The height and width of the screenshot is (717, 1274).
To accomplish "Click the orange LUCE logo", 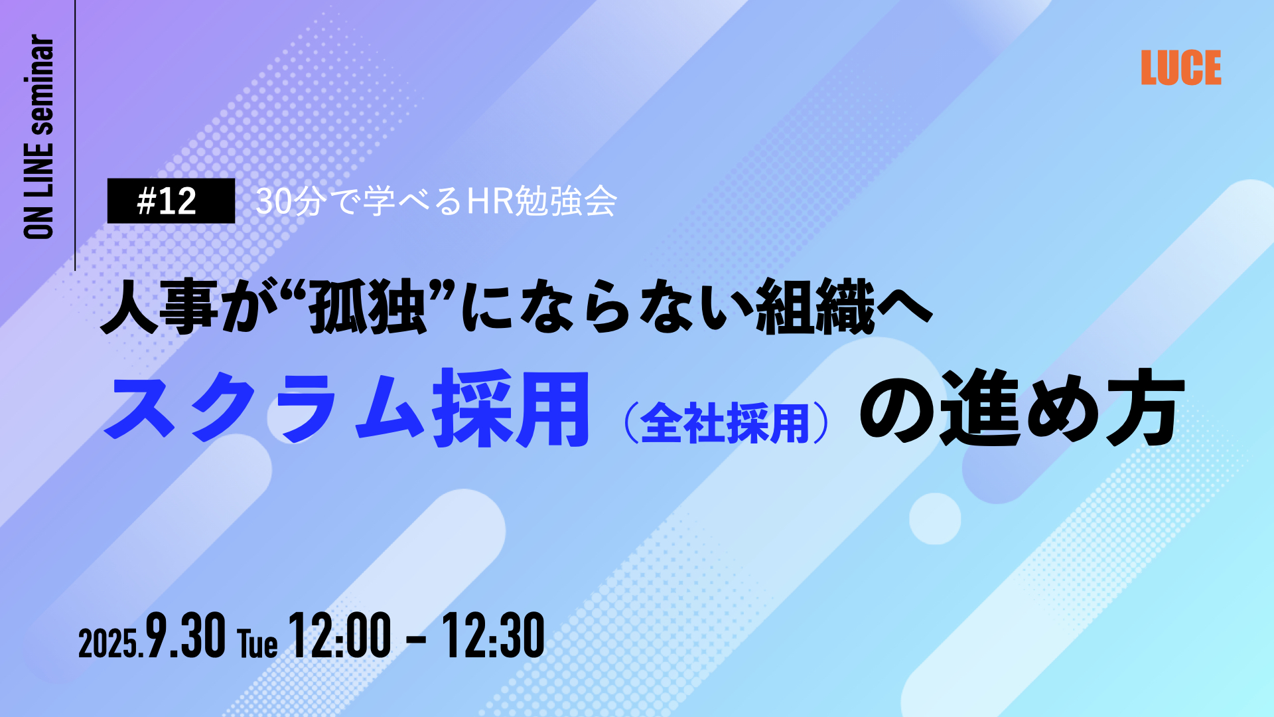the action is tap(1181, 68).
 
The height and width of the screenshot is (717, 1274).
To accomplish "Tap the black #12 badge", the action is tap(171, 200).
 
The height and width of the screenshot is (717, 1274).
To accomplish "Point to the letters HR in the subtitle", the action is tap(490, 201).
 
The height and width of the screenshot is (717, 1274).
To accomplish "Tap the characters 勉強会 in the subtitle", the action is tap(566, 201).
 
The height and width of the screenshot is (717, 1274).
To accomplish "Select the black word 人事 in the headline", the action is tap(160, 306).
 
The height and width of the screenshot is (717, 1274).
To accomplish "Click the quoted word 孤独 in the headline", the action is tap(368, 306).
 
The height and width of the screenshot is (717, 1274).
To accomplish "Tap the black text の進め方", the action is tap(1023, 408).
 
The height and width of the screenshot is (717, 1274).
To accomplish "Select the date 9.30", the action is tap(186, 635).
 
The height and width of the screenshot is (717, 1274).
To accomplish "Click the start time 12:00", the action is tap(340, 635).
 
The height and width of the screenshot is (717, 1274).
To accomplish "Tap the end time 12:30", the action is tap(494, 635).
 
